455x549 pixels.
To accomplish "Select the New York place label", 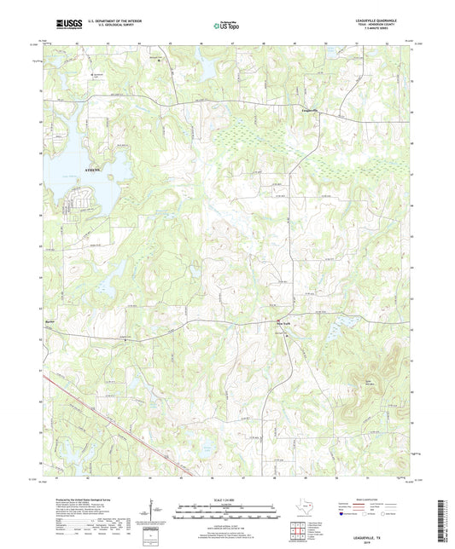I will click(x=283, y=323).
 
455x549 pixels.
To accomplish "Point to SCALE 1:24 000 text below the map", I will click(x=227, y=500).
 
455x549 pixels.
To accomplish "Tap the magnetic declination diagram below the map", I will click(x=156, y=515).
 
